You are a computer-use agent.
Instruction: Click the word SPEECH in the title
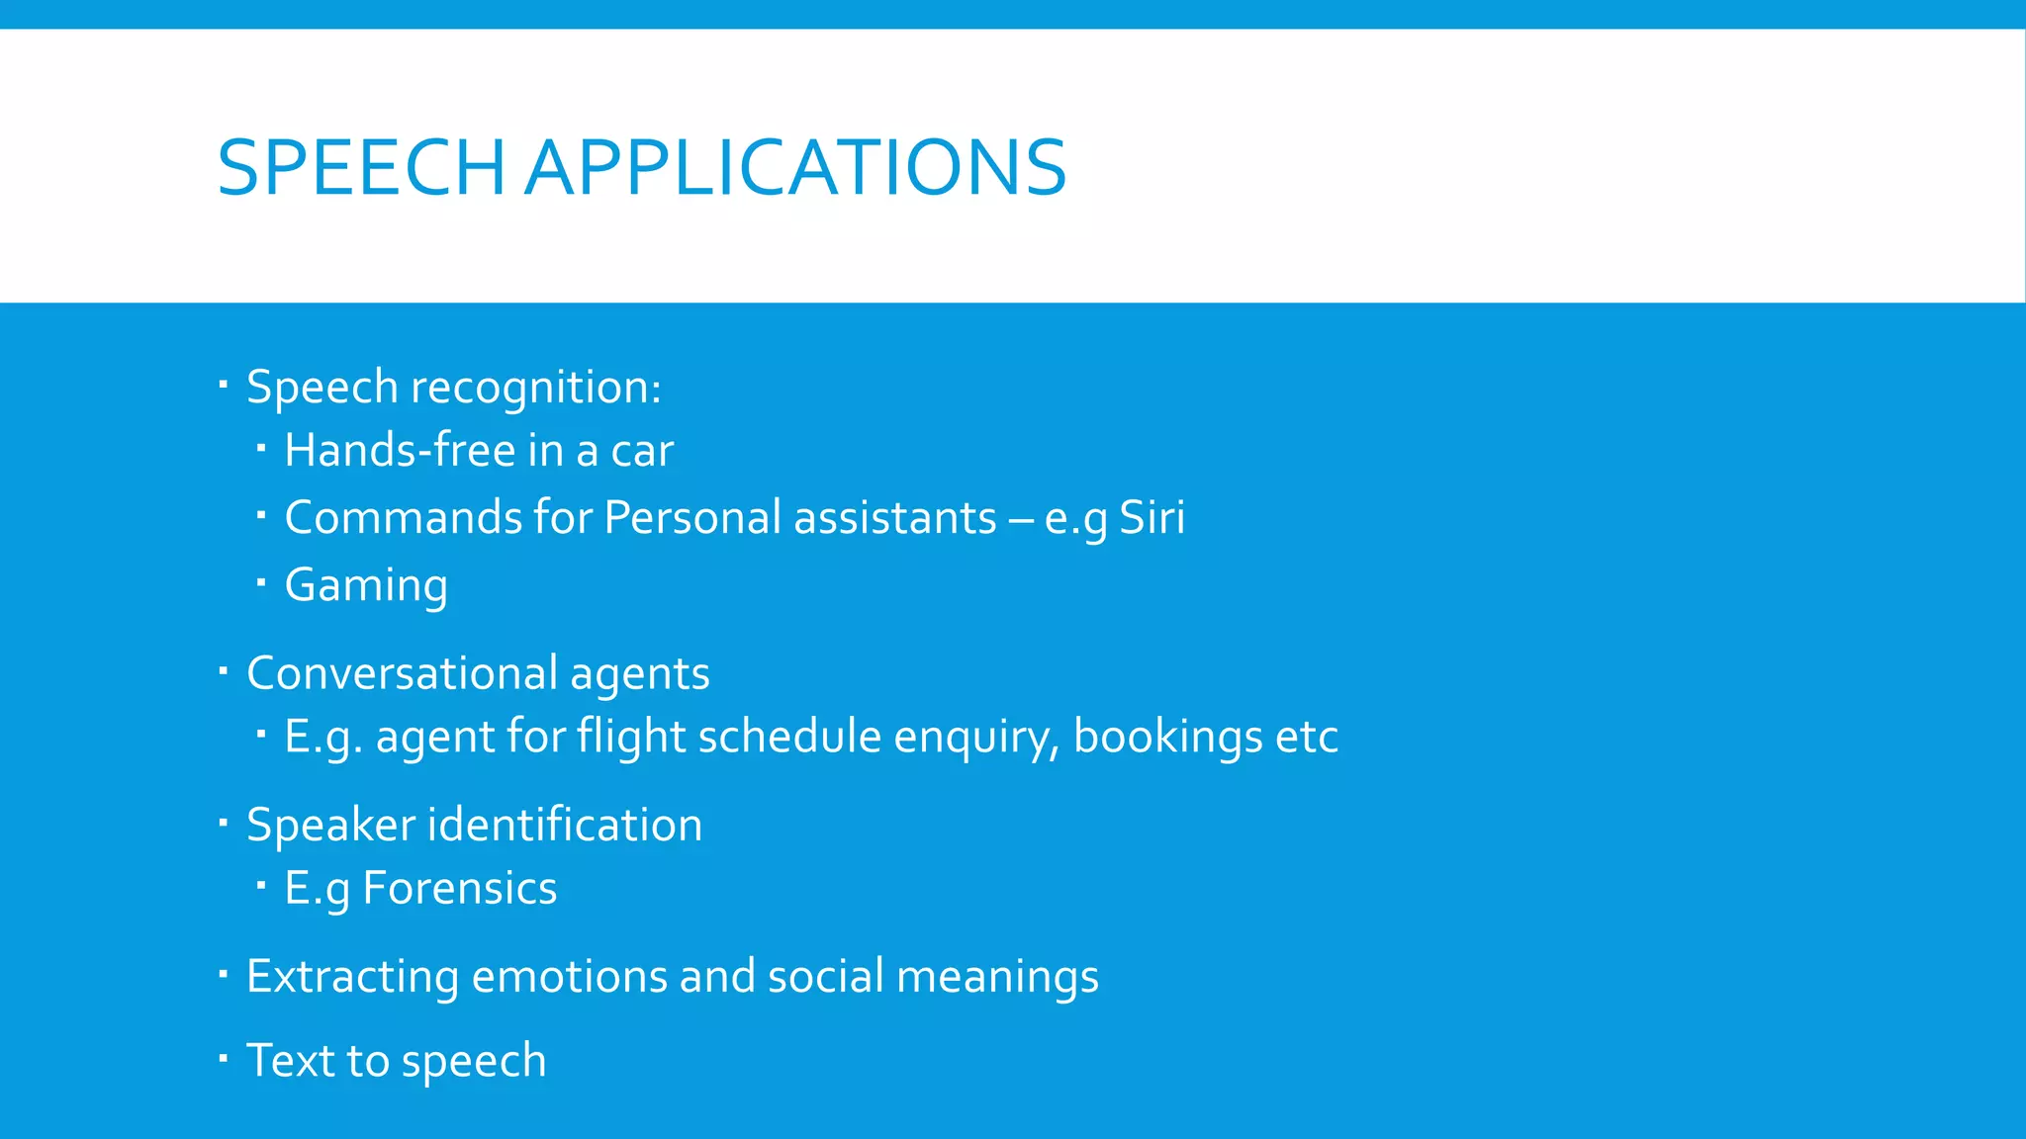361,168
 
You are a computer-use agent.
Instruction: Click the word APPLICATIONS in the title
795,168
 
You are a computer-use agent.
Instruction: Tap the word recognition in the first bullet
535,388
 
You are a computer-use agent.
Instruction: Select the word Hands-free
400,451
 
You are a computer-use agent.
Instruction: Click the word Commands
403,518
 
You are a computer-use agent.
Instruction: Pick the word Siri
1151,518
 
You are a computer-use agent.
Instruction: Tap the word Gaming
366,585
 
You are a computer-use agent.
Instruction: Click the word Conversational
402,674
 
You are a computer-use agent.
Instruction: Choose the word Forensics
460,889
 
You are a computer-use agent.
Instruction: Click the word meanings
997,977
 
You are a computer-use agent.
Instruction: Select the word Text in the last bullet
291,1061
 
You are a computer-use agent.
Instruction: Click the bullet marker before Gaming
261,582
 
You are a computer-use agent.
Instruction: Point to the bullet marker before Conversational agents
224,672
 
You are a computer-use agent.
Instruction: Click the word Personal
692,518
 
